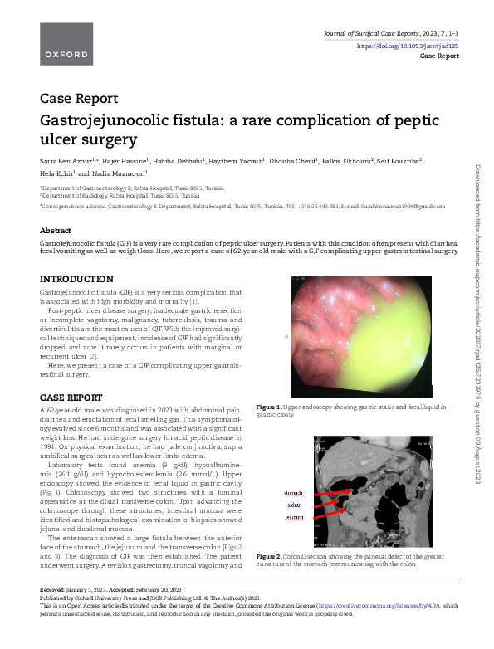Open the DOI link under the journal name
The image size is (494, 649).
coord(408,46)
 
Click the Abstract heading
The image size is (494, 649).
coord(55,230)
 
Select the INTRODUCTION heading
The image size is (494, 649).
coord(76,277)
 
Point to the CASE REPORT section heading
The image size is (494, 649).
coord(71,397)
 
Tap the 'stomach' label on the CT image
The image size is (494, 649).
coord(295,493)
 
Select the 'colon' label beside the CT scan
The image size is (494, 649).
coord(293,505)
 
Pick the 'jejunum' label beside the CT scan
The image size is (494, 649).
coord(295,518)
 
